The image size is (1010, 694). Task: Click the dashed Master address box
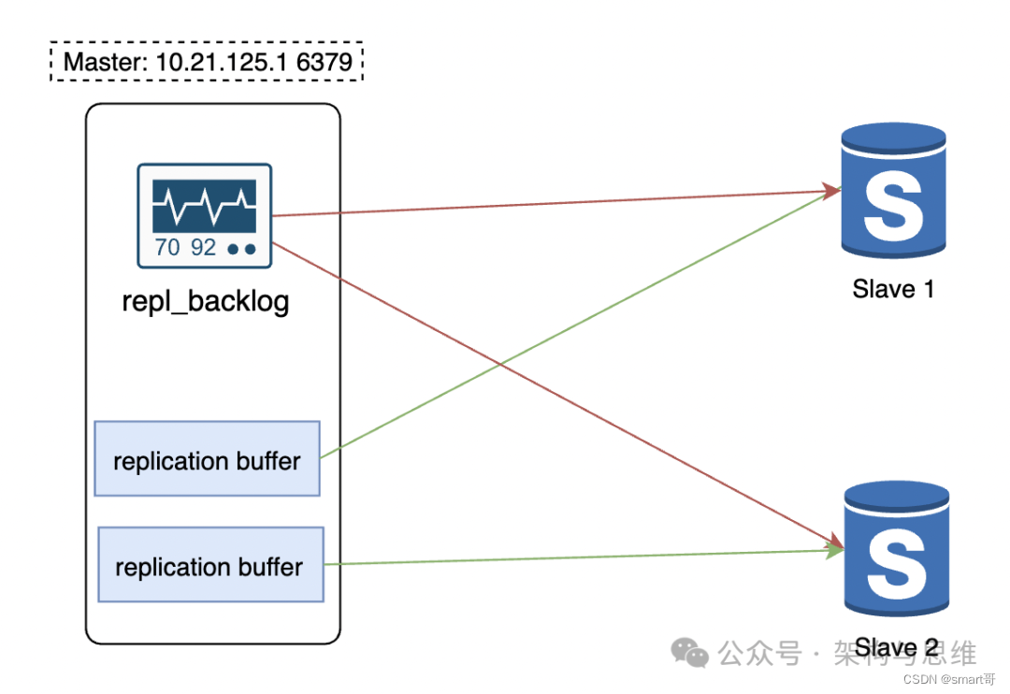click(206, 64)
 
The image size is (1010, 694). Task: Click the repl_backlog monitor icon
click(205, 216)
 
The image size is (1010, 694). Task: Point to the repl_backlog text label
click(206, 302)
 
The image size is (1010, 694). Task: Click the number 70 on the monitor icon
click(168, 248)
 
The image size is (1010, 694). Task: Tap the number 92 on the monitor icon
click(203, 248)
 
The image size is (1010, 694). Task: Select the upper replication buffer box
click(207, 458)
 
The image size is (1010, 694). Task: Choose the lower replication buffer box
click(210, 564)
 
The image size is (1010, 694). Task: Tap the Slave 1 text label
click(893, 288)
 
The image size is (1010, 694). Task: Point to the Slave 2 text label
click(896, 647)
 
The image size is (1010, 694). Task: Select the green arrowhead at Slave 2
click(831, 552)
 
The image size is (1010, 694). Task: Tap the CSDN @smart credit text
click(945, 678)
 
